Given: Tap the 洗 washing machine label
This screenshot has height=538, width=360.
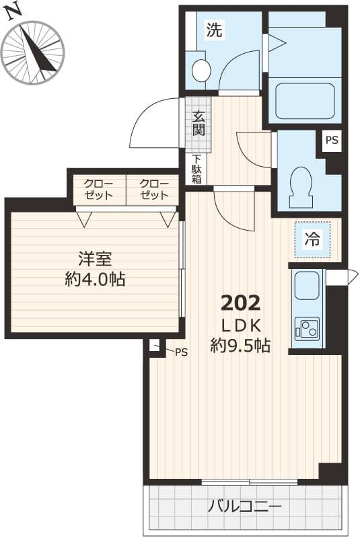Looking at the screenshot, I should pyautogui.click(x=213, y=30).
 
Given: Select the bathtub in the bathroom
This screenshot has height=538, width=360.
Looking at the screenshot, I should pyautogui.click(x=305, y=101).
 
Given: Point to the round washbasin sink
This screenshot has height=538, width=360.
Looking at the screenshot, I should pyautogui.click(x=200, y=69).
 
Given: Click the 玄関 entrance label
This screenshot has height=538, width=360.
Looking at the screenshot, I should pyautogui.click(x=199, y=122).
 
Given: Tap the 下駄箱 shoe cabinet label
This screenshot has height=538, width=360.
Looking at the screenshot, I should pyautogui.click(x=196, y=169).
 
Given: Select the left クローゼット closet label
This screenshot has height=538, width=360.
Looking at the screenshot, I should pyautogui.click(x=100, y=190).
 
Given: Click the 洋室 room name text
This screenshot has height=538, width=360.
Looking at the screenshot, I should pyautogui.click(x=95, y=259).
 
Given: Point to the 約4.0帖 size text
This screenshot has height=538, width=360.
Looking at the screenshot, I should pyautogui.click(x=95, y=279).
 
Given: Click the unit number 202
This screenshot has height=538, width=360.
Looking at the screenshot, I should pyautogui.click(x=240, y=303).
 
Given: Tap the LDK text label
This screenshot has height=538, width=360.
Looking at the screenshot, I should pyautogui.click(x=240, y=325).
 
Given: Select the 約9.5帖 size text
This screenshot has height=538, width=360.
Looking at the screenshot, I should pyautogui.click(x=240, y=346).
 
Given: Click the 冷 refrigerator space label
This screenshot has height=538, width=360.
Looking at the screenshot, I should pyautogui.click(x=312, y=239).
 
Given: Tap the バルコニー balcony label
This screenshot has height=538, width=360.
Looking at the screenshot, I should pyautogui.click(x=244, y=506).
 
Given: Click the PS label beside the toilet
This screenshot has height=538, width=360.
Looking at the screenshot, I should pyautogui.click(x=332, y=141).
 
